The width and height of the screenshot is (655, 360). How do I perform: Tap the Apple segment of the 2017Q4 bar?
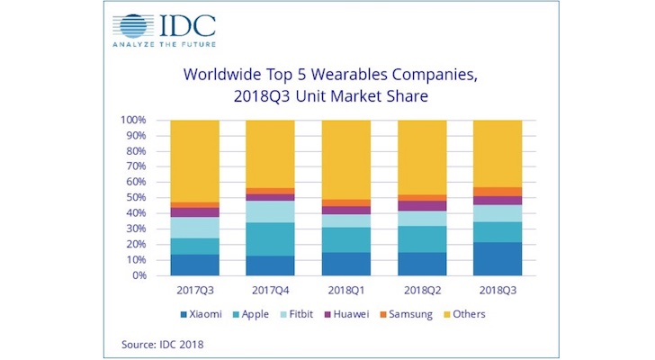coord(269,238)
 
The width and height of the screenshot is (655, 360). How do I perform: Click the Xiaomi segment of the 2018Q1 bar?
coord(346,264)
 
